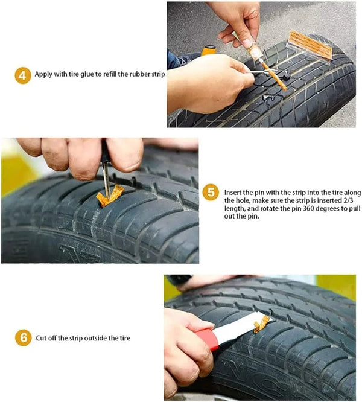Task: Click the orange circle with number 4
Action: coord(22,75)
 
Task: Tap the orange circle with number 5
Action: coord(209,193)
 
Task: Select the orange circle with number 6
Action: coord(22,338)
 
